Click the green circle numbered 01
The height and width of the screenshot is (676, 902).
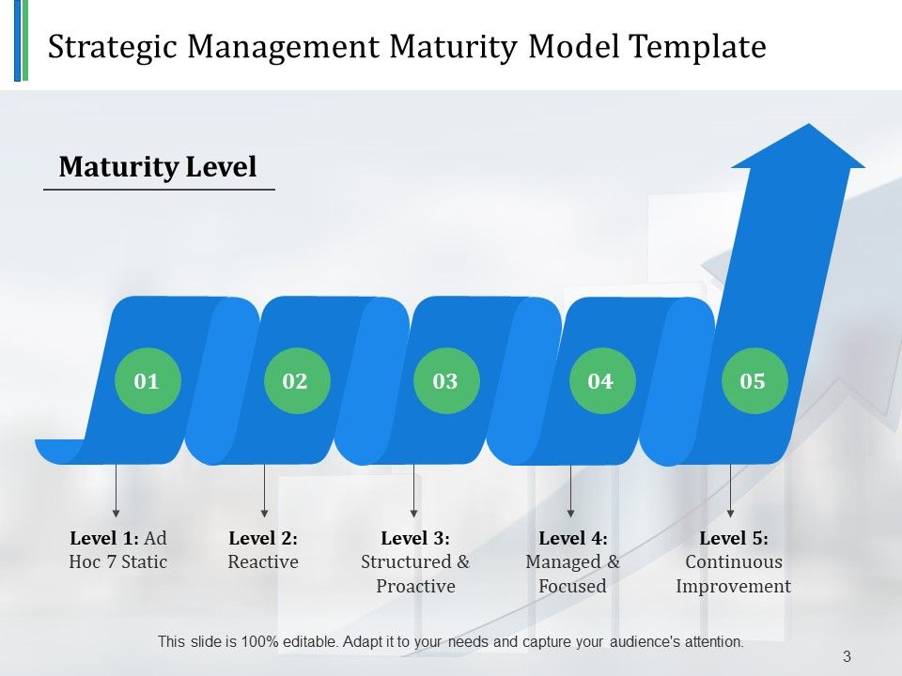click(147, 380)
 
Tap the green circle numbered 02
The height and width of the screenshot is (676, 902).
click(296, 380)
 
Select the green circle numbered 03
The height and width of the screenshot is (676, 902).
click(446, 380)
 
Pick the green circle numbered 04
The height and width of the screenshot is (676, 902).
click(601, 380)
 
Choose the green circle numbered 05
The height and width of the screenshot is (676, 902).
click(754, 380)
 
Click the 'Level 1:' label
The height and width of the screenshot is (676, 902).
click(104, 539)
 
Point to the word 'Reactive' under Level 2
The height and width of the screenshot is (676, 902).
click(263, 562)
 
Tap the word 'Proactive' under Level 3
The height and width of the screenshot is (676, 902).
click(415, 587)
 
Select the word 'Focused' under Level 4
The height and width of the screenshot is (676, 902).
click(572, 587)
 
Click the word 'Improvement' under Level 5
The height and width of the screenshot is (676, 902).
click(733, 587)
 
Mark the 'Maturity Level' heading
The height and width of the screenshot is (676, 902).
click(158, 167)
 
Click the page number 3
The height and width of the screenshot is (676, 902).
click(847, 657)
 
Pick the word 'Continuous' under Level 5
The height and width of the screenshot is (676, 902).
click(733, 562)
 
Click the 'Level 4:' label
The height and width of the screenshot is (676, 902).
click(572, 539)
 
